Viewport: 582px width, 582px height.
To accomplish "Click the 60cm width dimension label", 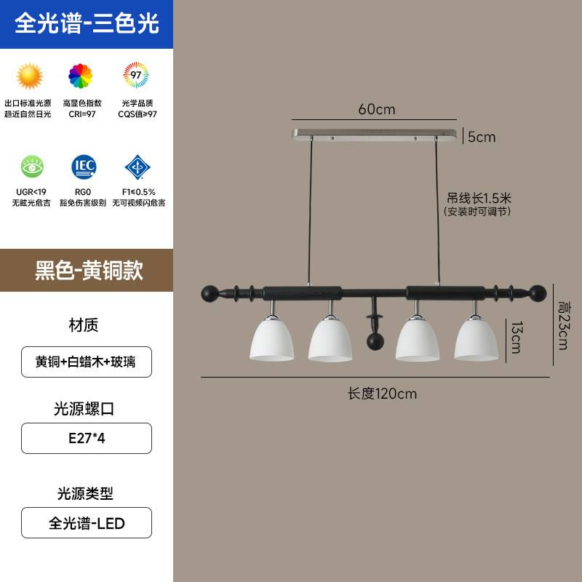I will pyautogui.click(x=376, y=110).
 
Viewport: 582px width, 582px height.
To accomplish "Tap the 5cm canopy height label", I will pyautogui.click(x=482, y=137).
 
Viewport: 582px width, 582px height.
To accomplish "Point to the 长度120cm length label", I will pyautogui.click(x=382, y=394).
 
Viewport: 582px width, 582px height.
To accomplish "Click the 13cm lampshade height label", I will pyautogui.click(x=515, y=337).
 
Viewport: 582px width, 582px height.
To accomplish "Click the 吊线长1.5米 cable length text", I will pyautogui.click(x=479, y=197).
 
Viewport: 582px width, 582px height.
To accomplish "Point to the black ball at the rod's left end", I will pyautogui.click(x=209, y=294).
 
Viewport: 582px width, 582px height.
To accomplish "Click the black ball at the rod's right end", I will pyautogui.click(x=537, y=294).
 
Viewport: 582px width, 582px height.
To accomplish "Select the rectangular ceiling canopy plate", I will pyautogui.click(x=376, y=135).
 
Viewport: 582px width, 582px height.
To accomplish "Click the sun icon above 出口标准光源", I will pyautogui.click(x=30, y=76).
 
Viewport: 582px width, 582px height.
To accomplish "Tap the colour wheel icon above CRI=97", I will pyautogui.click(x=81, y=76).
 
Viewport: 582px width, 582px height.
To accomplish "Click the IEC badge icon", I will pyautogui.click(x=84, y=167).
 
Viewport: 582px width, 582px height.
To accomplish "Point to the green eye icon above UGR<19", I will pyautogui.click(x=32, y=167).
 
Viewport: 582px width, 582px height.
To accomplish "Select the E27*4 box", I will pyautogui.click(x=87, y=439).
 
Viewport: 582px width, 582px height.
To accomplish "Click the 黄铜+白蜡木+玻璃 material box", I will pyautogui.click(x=87, y=362).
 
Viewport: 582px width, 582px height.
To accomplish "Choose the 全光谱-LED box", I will pyautogui.click(x=87, y=523).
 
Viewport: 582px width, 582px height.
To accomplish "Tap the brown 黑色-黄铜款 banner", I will pyautogui.click(x=87, y=270).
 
